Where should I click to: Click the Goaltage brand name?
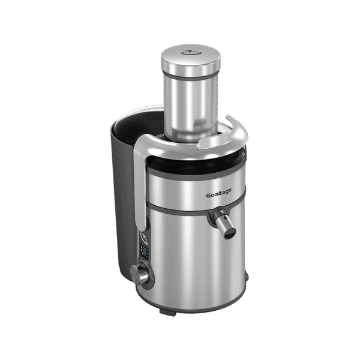218,193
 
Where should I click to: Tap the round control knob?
139,274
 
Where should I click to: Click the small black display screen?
145,253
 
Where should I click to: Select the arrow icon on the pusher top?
191,52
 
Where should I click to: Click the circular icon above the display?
144,238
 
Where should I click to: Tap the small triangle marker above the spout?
221,212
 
